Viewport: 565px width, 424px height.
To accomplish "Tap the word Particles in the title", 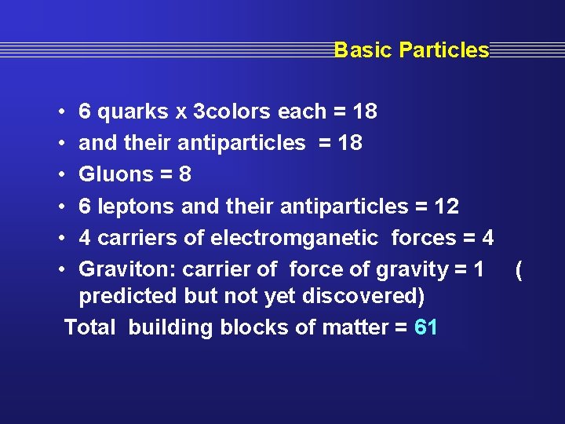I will tap(444, 50).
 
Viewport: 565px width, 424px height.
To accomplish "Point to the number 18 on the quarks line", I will tap(365, 112).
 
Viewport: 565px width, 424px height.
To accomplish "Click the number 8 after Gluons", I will tap(185, 174).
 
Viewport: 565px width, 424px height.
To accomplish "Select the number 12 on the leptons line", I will tap(447, 207).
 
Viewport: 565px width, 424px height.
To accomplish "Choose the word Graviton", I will tap(127, 269).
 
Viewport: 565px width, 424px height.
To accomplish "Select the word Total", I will tap(90, 327).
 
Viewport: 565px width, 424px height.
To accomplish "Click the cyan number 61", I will tap(425, 327).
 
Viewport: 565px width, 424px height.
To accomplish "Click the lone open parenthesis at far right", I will tap(519, 270).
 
